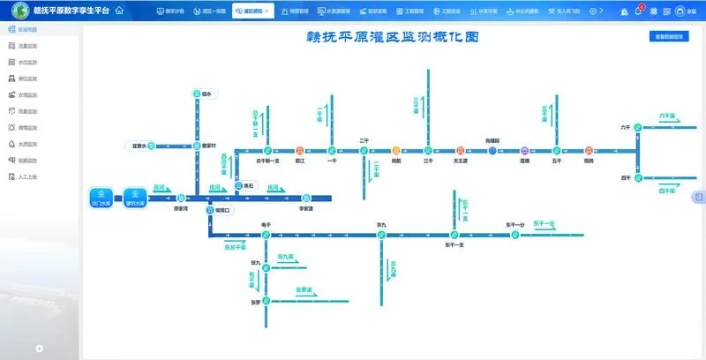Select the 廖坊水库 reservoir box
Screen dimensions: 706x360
coord(134,197)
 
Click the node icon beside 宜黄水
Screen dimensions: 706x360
coord(152,146)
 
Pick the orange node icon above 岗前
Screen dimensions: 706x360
coord(396,150)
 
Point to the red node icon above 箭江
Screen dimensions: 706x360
coord(300,150)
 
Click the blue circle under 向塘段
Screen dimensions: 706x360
coord(493,151)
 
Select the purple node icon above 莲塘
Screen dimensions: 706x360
coord(524,151)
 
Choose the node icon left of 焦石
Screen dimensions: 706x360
coord(238,185)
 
